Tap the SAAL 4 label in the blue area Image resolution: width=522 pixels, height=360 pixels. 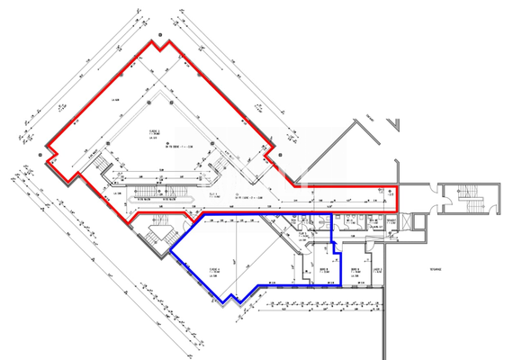[x=214, y=269]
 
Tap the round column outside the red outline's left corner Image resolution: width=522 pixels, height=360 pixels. [x=42, y=154]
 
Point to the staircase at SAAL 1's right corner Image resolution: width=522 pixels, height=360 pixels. [x=216, y=165]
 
